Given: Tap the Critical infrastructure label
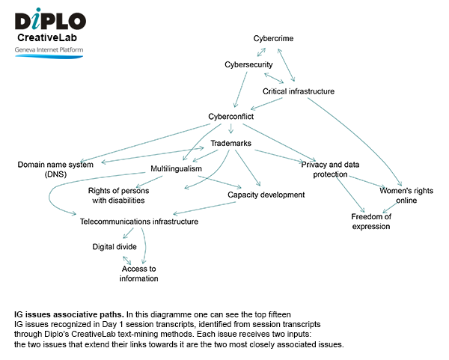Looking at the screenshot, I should [x=298, y=91].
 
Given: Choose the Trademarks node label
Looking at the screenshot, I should [x=230, y=143].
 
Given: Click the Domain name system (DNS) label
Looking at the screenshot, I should [x=55, y=168].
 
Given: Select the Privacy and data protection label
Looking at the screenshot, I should [x=331, y=168].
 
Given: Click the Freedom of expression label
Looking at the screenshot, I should [x=370, y=222].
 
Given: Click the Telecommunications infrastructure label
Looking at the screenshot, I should [x=139, y=222].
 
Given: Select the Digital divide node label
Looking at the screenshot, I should [x=114, y=246].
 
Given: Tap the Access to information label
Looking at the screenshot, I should [x=140, y=273].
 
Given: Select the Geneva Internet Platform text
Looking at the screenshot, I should [x=49, y=50].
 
